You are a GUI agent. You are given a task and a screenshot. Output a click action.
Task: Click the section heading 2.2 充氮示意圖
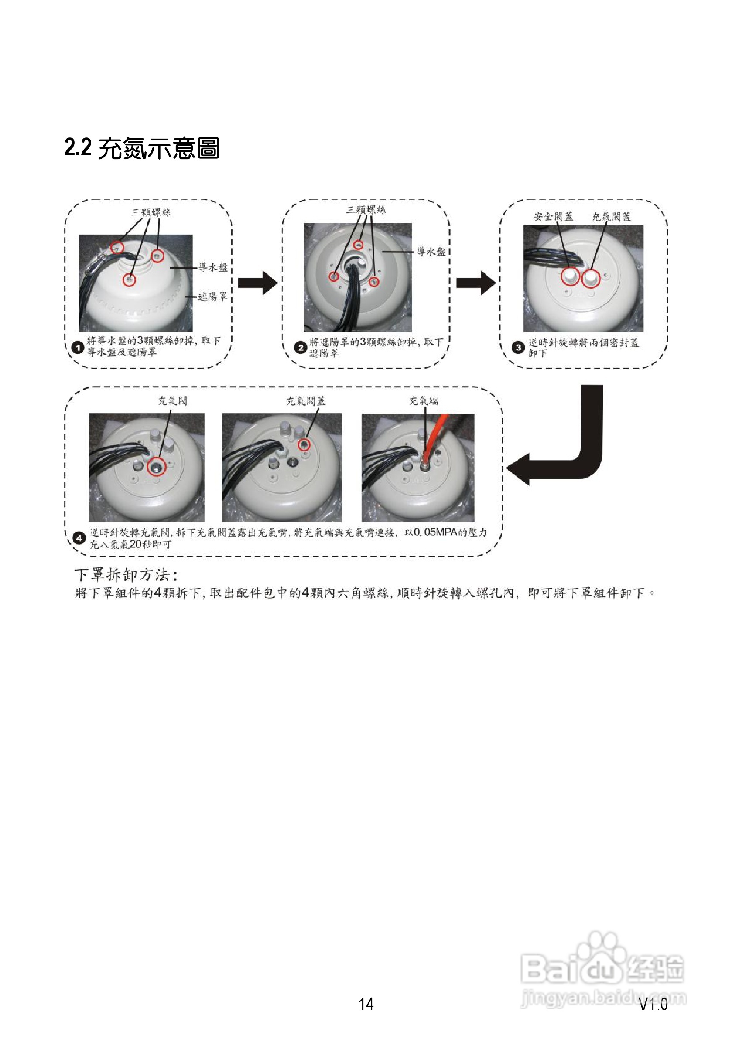tap(142, 148)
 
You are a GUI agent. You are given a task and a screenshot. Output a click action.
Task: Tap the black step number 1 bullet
tap(78, 348)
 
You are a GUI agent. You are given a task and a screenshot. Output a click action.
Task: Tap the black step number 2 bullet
tap(301, 348)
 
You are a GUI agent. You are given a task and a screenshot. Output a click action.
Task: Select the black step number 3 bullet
tap(518, 348)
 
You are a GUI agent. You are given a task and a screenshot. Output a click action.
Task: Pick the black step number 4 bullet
tap(79, 538)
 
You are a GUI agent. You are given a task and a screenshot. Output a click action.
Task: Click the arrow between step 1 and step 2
tap(257, 283)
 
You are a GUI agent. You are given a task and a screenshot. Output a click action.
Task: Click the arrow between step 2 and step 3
tap(475, 283)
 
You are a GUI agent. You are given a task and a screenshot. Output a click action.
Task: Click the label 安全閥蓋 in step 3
tap(553, 217)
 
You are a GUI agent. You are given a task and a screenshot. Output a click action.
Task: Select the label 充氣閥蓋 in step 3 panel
tap(611, 217)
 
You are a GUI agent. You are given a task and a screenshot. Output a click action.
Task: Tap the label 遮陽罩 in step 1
tap(212, 297)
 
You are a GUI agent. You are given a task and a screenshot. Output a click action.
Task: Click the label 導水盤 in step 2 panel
tap(431, 252)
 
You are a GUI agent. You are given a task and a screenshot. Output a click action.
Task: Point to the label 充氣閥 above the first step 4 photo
tap(172, 401)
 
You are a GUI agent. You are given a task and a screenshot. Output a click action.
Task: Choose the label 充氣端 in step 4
tap(423, 401)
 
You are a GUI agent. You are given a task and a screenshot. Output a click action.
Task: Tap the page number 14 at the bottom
tap(366, 1004)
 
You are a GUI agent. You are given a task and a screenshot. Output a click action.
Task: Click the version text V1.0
tap(653, 1005)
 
